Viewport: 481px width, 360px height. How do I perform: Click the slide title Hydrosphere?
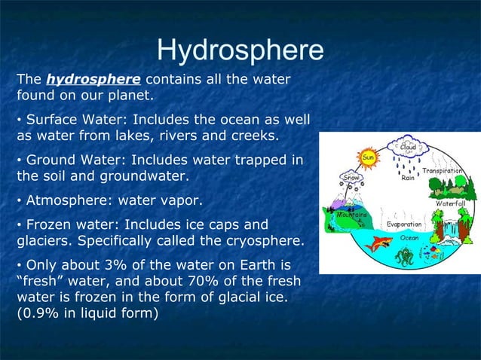pyautogui.click(x=240, y=50)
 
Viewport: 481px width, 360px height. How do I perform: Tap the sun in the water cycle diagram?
pyautogui.click(x=369, y=157)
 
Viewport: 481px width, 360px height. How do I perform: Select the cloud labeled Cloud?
pyautogui.click(x=408, y=147)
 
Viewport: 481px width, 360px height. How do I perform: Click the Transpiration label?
pyautogui.click(x=452, y=171)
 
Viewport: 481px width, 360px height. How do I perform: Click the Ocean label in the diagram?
pyautogui.click(x=409, y=236)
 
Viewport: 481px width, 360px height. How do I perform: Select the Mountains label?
pyautogui.click(x=351, y=215)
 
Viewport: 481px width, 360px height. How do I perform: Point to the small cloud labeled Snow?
pyautogui.click(x=352, y=178)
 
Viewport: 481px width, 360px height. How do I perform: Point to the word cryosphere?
pyautogui.click(x=266, y=241)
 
